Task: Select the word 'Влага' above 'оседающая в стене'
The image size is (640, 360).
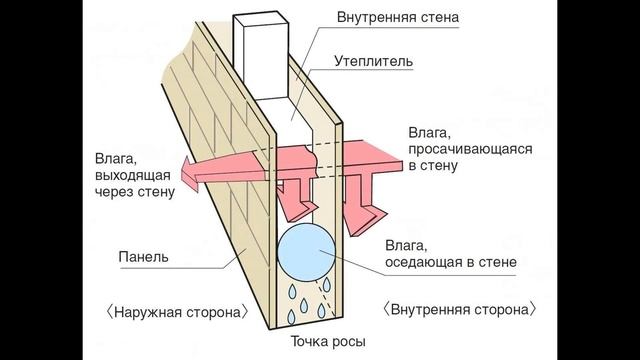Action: (x=408, y=246)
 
